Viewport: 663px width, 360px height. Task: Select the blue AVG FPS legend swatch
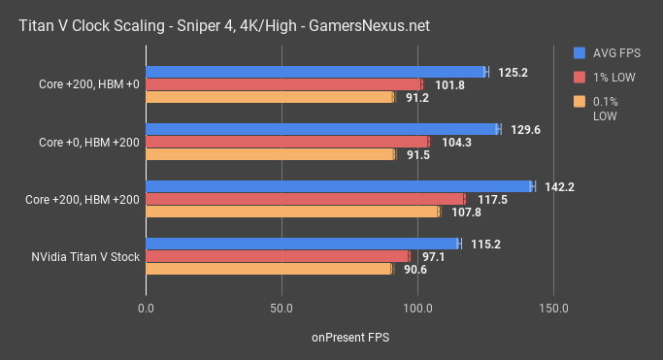[x=580, y=53]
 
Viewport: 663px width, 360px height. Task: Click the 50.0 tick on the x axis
[x=282, y=308]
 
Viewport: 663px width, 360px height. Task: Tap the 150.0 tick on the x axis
[x=553, y=308]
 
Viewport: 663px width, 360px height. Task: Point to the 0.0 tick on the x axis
[x=147, y=308]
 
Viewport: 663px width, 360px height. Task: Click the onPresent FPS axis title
[x=349, y=338]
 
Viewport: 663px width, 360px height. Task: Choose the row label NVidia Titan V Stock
[x=83, y=257]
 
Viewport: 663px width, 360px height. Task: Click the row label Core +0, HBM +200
[x=88, y=142]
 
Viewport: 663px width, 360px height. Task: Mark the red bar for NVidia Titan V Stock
[x=278, y=256]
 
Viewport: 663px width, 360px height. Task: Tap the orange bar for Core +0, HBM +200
[x=270, y=154]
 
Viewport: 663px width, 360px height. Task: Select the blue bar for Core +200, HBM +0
[x=315, y=72]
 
